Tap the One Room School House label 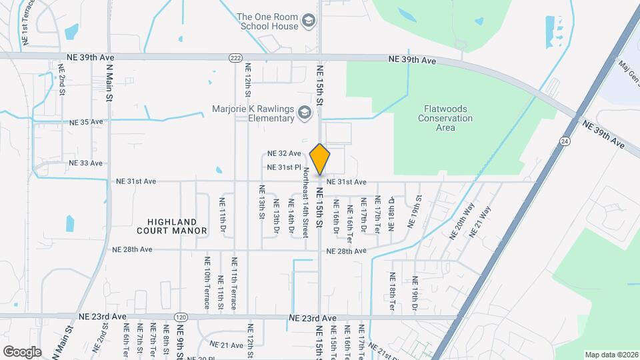click(269, 22)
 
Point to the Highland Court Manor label click(176, 226)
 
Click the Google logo click(22, 351)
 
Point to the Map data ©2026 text click(610, 355)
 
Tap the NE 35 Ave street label click(86, 122)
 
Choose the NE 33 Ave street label click(85, 163)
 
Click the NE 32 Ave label click(284, 153)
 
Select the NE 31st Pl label click(285, 167)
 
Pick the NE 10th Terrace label click(207, 283)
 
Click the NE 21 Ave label click(226, 345)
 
